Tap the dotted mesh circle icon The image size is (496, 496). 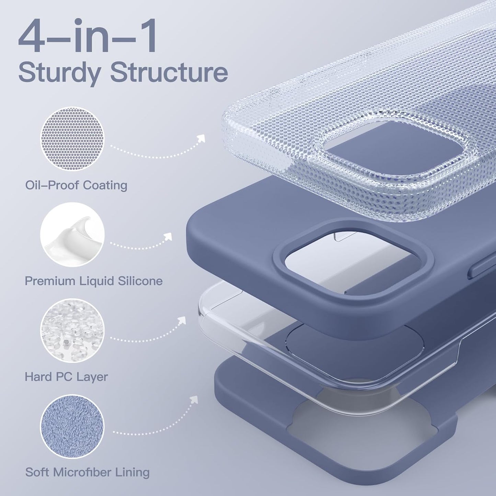[72, 138]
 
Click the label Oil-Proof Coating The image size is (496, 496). [76, 185]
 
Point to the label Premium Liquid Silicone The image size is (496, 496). [93, 281]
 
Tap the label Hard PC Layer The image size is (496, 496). [66, 377]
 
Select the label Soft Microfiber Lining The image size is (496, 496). [87, 472]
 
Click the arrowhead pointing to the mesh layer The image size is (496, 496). [201, 138]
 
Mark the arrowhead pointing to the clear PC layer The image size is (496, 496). [182, 320]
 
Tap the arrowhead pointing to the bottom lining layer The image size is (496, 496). [195, 399]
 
